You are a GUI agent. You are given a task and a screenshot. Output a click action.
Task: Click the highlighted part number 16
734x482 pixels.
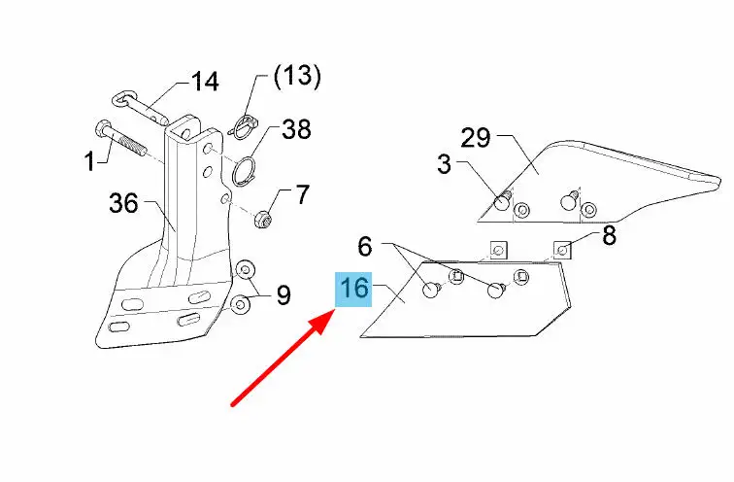[x=353, y=289]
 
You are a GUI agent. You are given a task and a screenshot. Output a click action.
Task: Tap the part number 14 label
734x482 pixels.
[x=205, y=82]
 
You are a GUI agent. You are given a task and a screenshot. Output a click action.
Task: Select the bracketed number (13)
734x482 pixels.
[x=297, y=77]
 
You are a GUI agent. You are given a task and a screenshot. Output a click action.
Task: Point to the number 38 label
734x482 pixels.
[x=296, y=130]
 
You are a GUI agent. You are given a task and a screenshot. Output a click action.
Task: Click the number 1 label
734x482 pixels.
[x=90, y=162]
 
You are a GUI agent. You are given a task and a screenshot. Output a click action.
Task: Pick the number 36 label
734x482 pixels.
[x=123, y=204]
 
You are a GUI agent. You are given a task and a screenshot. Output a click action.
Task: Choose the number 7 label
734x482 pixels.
[x=303, y=195]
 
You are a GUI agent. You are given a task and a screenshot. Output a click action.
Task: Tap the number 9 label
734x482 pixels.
[x=284, y=295]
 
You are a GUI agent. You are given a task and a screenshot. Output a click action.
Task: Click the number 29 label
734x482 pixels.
[x=476, y=138]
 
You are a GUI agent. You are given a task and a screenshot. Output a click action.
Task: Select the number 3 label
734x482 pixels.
[x=445, y=164]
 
